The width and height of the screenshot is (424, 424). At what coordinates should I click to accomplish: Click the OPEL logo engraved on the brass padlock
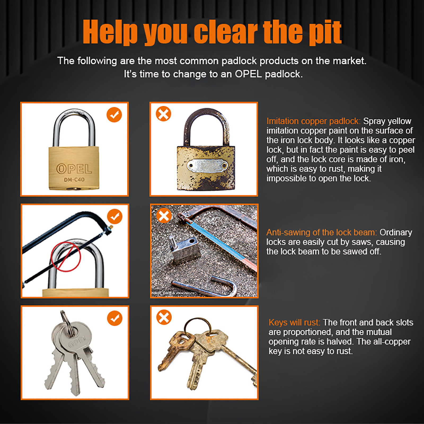(x=74, y=169)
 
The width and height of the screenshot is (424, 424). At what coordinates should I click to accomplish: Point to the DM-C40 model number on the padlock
(x=74, y=180)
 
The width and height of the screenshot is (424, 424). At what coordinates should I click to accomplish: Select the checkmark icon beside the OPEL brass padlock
(x=114, y=115)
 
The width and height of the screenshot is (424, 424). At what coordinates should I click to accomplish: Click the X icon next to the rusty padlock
(x=164, y=114)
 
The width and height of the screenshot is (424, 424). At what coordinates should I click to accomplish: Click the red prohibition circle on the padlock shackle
(x=66, y=257)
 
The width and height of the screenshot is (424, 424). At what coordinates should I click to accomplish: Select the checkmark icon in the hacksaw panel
(x=115, y=217)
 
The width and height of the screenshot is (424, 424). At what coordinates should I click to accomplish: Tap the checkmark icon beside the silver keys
(x=115, y=318)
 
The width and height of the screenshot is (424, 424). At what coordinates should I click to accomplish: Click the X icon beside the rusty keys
(x=164, y=317)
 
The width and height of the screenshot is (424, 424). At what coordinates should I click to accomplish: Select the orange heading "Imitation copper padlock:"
(x=313, y=121)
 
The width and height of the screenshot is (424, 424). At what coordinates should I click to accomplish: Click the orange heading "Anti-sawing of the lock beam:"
(x=321, y=232)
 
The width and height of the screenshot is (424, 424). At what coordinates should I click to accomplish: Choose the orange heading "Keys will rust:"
(x=294, y=323)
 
